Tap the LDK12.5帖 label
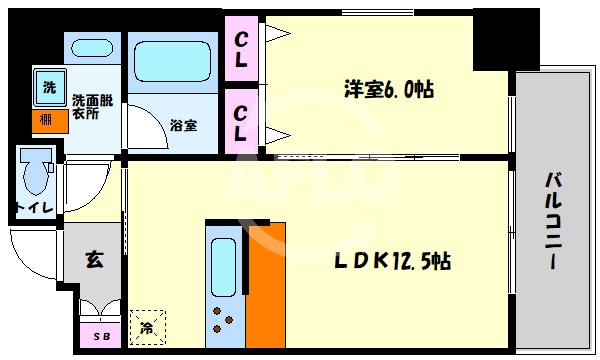pos(392,262)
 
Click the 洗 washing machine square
pos(48,87)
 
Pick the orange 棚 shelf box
pos(48,121)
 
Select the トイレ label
pos(33,208)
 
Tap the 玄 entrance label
pos(93,262)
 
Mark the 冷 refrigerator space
pos(146,326)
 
